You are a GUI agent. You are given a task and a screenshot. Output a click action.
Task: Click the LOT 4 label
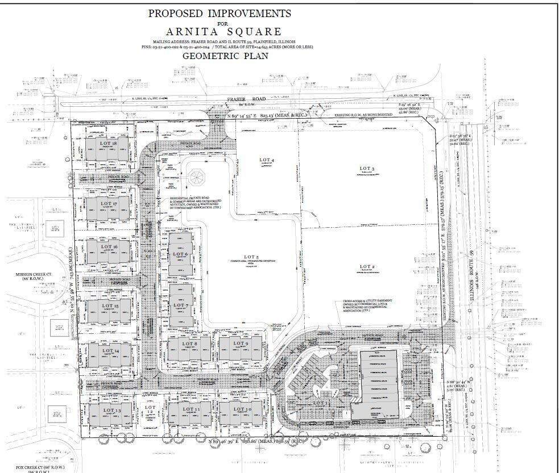tap(266, 161)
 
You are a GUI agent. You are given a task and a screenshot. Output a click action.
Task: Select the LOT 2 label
tap(367, 266)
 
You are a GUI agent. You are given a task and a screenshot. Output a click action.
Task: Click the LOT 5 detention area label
tap(253, 259)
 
